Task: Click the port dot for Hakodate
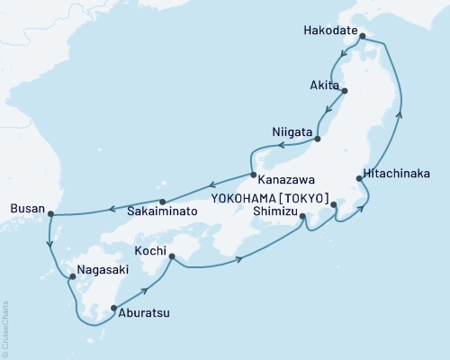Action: (363, 38)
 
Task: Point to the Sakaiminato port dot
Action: (162, 202)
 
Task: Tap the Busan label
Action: (24, 207)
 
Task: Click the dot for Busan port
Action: (50, 214)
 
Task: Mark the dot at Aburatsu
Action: (113, 309)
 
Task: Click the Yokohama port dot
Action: (334, 206)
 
